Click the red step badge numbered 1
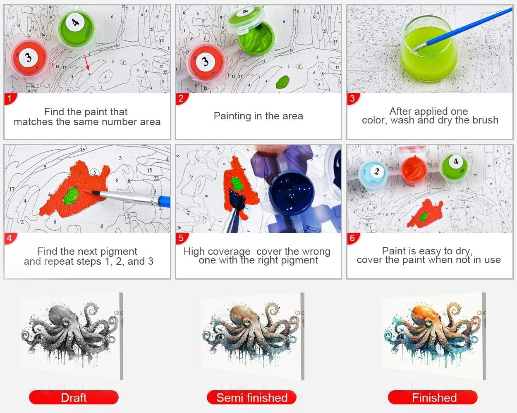click(9, 98)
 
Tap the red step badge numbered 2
click(181, 98)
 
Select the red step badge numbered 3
click(352, 98)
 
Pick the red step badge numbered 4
click(9, 238)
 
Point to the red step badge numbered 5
click(181, 238)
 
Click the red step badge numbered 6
click(352, 238)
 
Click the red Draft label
click(74, 398)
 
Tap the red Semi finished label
click(251, 398)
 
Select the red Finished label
click(433, 398)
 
